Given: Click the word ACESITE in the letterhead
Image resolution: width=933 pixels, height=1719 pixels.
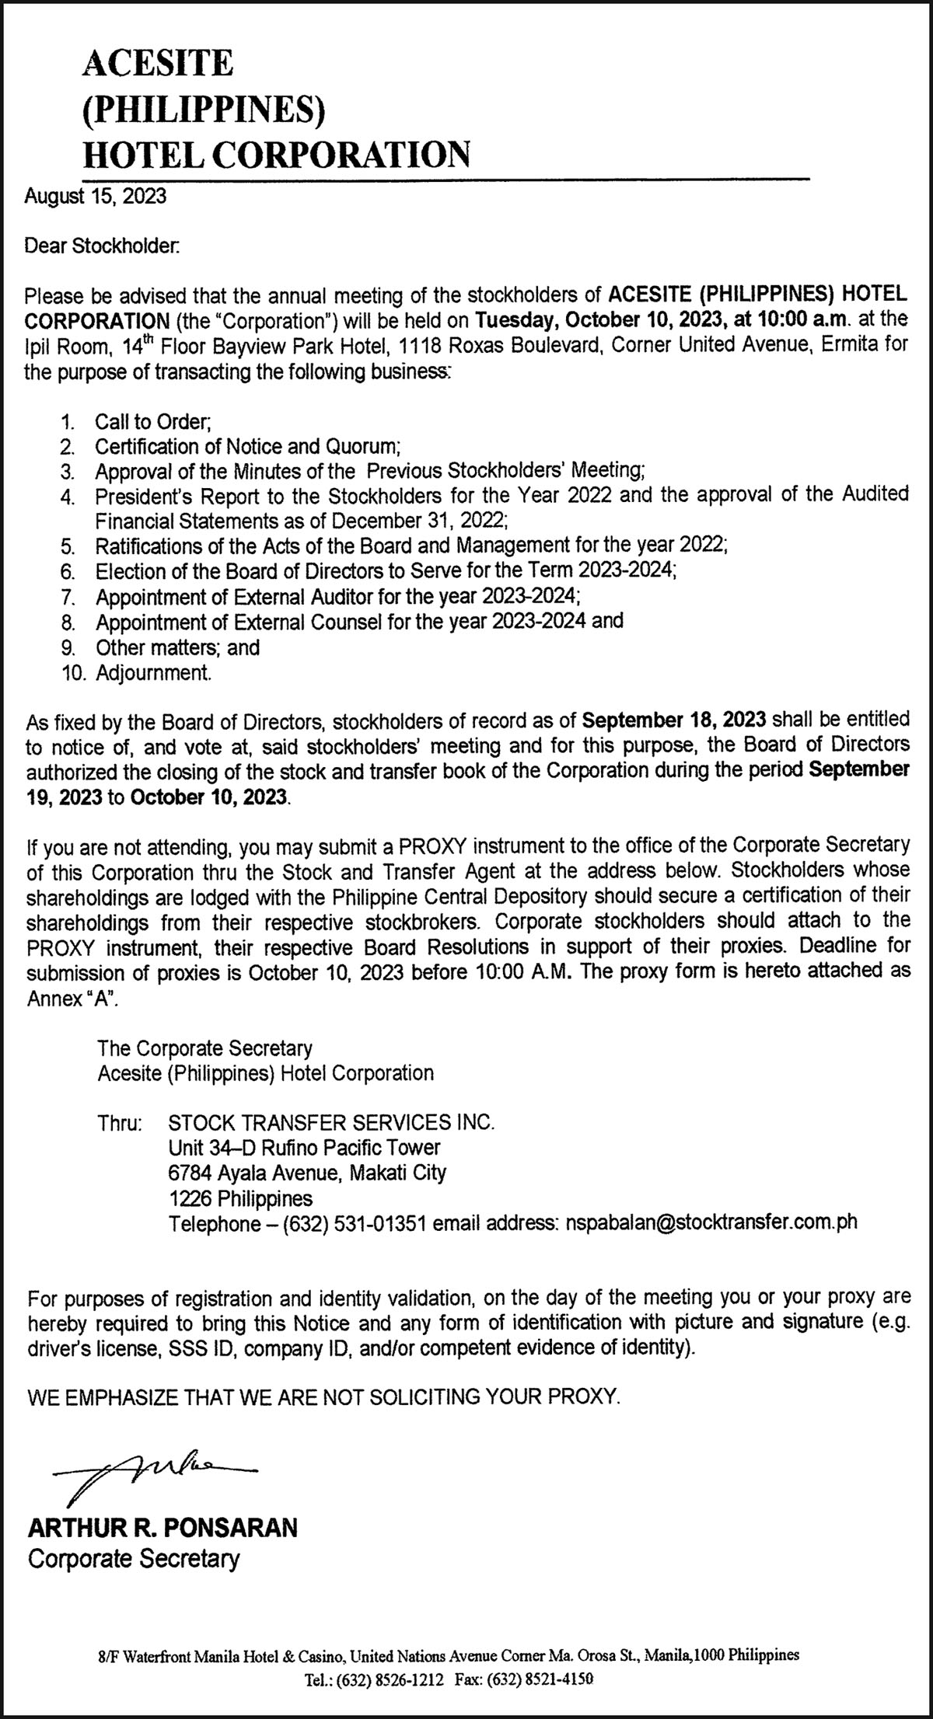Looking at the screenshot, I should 157,62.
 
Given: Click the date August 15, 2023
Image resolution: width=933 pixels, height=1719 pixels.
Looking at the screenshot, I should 96,196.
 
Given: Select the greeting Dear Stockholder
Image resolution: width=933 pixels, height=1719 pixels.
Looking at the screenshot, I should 103,246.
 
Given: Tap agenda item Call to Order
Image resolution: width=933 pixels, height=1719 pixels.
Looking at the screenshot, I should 153,422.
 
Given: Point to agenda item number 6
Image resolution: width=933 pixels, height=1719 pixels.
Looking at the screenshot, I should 68,572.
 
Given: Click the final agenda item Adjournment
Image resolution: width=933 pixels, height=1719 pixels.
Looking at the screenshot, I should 152,672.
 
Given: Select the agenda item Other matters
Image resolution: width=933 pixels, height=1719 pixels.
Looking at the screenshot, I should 177,647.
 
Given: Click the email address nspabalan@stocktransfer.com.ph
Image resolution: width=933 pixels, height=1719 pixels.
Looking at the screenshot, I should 711,1222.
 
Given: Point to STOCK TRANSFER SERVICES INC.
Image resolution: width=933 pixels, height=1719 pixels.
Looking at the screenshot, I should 331,1123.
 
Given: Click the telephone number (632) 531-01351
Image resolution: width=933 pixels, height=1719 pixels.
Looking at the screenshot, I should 354,1222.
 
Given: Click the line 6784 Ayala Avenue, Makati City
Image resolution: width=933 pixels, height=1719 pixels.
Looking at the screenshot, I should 307,1173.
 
